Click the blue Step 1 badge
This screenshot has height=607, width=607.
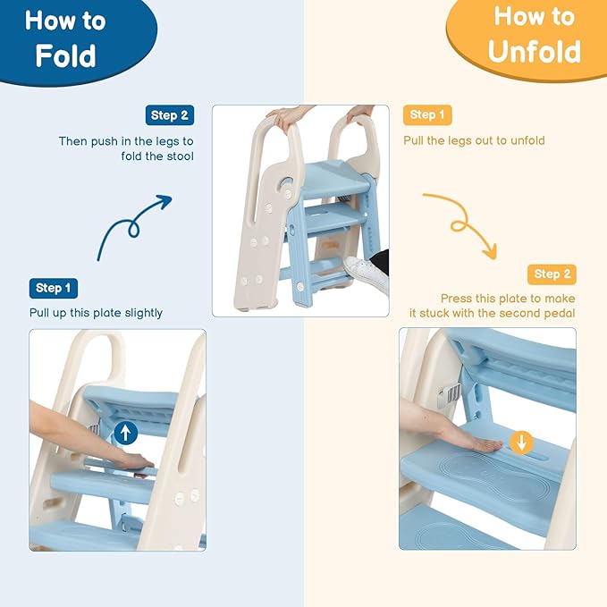pos(54,288)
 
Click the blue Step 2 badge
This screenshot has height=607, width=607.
pos(169,115)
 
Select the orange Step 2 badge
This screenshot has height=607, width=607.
pos(552,274)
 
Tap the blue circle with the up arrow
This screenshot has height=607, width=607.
pos(126,433)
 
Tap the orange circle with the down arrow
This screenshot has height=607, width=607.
pos(522,442)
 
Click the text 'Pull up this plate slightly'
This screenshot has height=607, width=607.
pos(96,313)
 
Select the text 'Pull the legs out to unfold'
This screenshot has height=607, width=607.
pos(474,140)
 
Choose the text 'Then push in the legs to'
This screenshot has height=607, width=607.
pos(125,141)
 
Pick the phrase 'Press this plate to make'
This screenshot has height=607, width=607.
pos(508,298)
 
